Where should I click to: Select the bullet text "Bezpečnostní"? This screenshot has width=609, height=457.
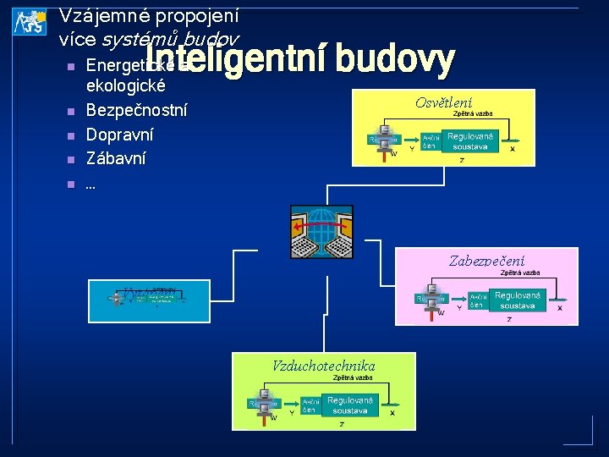click(x=137, y=110)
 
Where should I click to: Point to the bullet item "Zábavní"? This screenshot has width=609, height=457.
click(x=116, y=157)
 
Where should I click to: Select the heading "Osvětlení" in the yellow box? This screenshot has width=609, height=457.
click(x=443, y=102)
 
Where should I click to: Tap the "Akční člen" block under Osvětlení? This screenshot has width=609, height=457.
click(x=430, y=141)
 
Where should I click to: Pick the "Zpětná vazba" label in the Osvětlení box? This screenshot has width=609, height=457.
click(x=473, y=113)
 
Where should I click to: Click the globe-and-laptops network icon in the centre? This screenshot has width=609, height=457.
click(x=321, y=231)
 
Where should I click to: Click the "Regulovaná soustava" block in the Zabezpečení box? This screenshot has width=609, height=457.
click(x=516, y=300)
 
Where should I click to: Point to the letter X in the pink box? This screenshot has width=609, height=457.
click(x=559, y=308)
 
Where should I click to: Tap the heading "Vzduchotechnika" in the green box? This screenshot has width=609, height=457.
click(x=323, y=366)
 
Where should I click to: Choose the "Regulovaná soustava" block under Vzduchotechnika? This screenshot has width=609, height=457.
click(x=349, y=405)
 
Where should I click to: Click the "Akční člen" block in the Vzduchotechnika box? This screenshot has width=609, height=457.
click(x=310, y=405)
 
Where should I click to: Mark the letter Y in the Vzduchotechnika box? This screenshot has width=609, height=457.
click(x=293, y=413)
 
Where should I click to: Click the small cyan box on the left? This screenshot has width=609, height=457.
click(x=149, y=300)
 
